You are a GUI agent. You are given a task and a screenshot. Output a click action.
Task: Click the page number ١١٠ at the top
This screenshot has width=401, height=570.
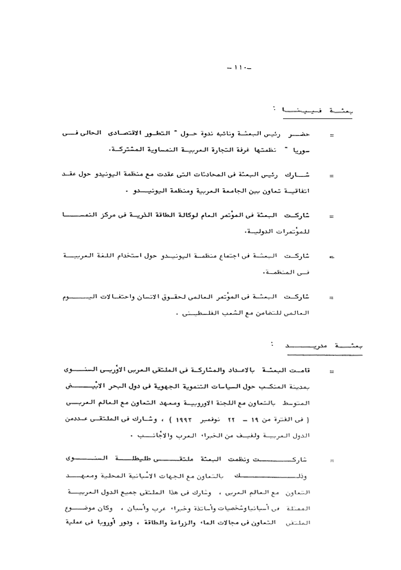click(239, 69)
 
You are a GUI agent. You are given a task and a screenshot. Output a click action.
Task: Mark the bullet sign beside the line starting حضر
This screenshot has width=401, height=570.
click(331, 136)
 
